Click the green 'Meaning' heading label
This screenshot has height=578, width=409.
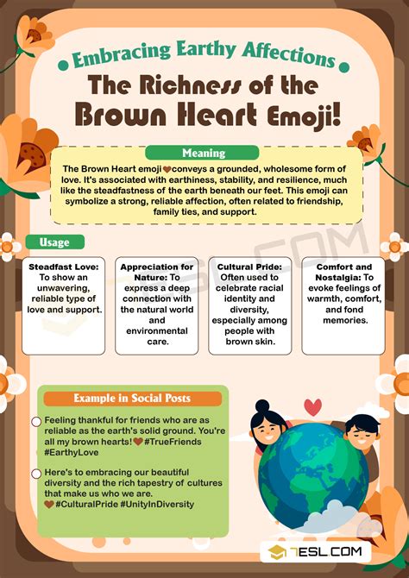(x=204, y=154)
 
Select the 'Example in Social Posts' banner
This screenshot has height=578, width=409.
(x=132, y=398)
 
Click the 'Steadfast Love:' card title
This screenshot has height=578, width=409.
(x=63, y=267)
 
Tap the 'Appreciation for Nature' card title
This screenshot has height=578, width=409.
(x=156, y=273)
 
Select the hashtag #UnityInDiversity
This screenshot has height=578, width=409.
(x=158, y=504)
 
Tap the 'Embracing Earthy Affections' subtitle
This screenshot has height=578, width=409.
(x=204, y=59)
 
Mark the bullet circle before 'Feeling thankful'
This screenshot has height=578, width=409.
(x=36, y=422)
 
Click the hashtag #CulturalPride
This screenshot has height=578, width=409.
(x=89, y=504)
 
